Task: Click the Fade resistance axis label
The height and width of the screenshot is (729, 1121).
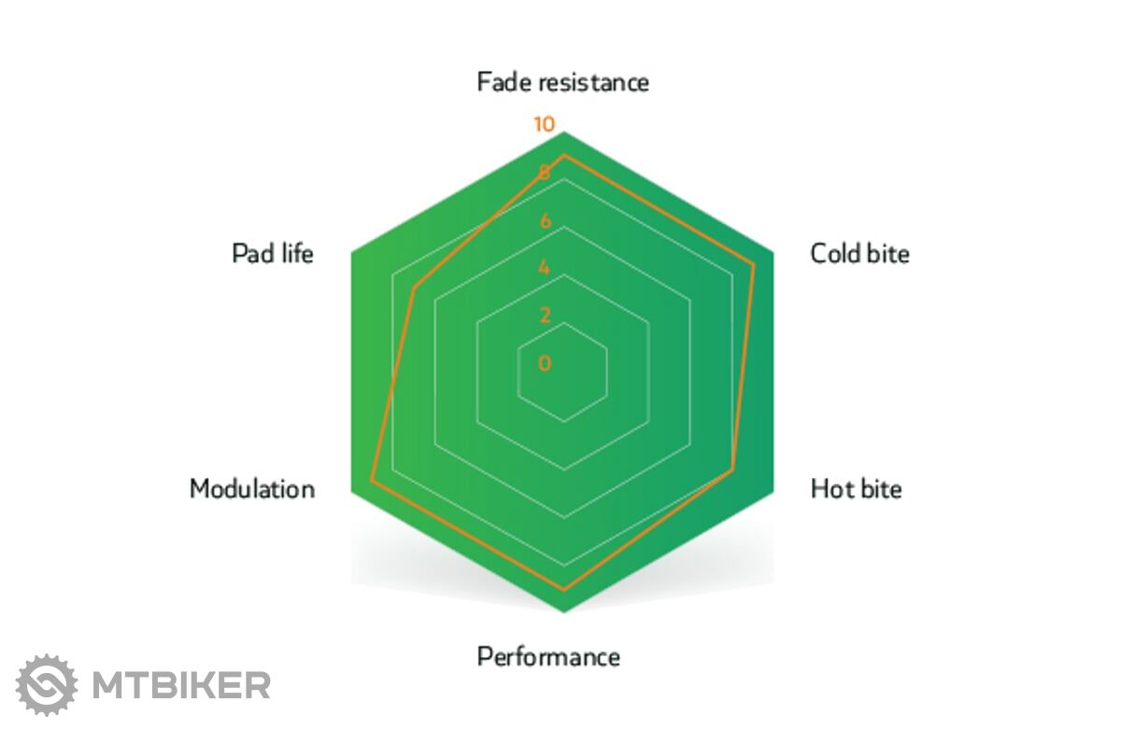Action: tap(563, 82)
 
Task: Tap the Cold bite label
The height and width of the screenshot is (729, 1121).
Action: tap(859, 254)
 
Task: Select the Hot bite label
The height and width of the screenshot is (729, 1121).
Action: tap(857, 488)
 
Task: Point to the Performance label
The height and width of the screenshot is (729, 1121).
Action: tap(548, 656)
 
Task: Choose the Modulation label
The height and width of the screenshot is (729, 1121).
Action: tap(252, 488)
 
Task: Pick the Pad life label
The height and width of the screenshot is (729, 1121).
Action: tap(273, 254)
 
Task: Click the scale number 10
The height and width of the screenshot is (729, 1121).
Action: tap(545, 124)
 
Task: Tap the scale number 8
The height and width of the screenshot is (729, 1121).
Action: tap(545, 173)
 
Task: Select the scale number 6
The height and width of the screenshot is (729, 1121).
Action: tap(545, 220)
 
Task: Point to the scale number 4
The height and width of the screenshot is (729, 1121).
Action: tap(545, 268)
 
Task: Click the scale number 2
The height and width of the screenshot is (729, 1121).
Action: tap(545, 315)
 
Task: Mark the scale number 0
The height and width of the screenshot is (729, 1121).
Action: tap(545, 363)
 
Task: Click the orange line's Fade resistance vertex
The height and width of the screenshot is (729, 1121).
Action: tap(564, 156)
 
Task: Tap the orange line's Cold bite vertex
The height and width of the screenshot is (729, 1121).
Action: tap(754, 265)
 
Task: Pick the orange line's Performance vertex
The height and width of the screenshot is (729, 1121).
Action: tap(564, 590)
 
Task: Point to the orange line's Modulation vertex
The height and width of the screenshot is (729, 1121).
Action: tap(372, 481)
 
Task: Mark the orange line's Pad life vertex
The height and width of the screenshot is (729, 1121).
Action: tap(413, 287)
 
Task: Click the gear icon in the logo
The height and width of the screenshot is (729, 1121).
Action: tap(47, 685)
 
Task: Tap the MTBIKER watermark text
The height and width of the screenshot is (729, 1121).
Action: tap(181, 685)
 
